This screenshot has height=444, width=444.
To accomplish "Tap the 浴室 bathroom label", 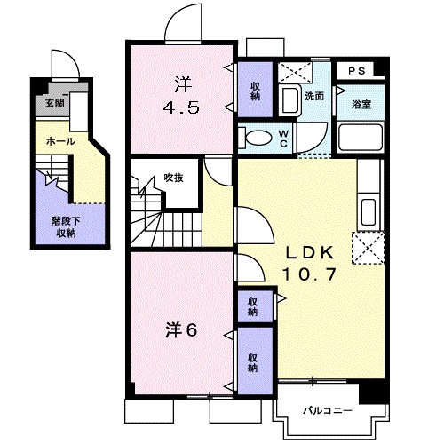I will [x=361, y=105].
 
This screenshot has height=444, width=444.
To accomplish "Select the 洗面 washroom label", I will [x=313, y=95].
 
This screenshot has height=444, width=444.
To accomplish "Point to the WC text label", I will [x=281, y=138].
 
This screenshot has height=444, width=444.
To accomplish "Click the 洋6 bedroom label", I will [x=180, y=329].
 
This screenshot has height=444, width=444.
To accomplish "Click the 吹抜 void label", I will [x=173, y=178].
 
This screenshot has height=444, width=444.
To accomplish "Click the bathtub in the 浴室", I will [x=361, y=138].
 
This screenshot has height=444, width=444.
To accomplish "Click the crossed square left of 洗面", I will [x=289, y=73].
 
